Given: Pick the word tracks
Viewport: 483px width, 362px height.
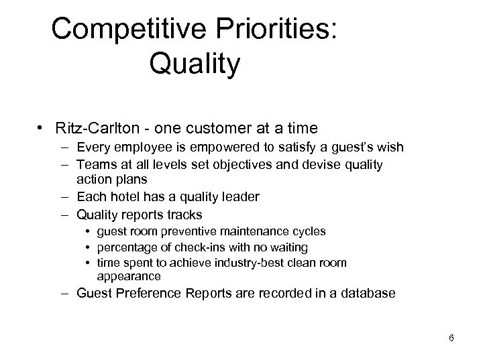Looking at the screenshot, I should point(182,215).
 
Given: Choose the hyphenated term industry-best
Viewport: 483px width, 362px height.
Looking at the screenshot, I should point(261,263).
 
